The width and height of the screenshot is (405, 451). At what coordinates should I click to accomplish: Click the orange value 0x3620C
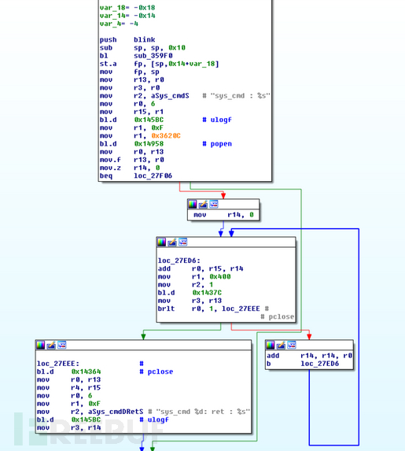click(166, 135)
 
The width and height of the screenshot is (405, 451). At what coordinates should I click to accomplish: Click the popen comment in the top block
click(221, 144)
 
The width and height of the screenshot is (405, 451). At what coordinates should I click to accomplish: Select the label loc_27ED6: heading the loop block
click(179, 261)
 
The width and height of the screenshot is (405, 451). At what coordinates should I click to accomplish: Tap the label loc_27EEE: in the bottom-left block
click(57, 364)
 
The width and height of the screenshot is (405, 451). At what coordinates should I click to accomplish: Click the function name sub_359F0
click(153, 56)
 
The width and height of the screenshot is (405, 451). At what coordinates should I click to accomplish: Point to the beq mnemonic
click(106, 176)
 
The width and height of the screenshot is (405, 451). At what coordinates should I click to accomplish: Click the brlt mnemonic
click(166, 309)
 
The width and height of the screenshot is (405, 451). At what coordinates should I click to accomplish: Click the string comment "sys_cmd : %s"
click(241, 96)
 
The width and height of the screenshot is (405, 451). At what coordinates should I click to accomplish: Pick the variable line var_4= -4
click(119, 24)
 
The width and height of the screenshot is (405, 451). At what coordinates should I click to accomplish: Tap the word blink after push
click(144, 39)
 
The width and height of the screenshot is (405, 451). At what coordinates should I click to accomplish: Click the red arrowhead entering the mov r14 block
click(223, 195)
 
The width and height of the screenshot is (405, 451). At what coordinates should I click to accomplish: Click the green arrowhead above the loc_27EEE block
click(143, 337)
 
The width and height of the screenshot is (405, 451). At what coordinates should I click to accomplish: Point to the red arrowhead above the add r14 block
click(309, 337)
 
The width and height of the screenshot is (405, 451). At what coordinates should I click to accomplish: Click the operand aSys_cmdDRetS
click(107, 412)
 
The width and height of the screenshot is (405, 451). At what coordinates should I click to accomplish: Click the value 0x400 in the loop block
click(220, 276)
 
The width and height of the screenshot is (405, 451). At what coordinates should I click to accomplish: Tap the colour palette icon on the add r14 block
click(271, 345)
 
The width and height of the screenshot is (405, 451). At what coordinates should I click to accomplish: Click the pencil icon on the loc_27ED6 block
click(172, 242)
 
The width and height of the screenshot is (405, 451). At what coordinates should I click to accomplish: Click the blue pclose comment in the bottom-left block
click(160, 372)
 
